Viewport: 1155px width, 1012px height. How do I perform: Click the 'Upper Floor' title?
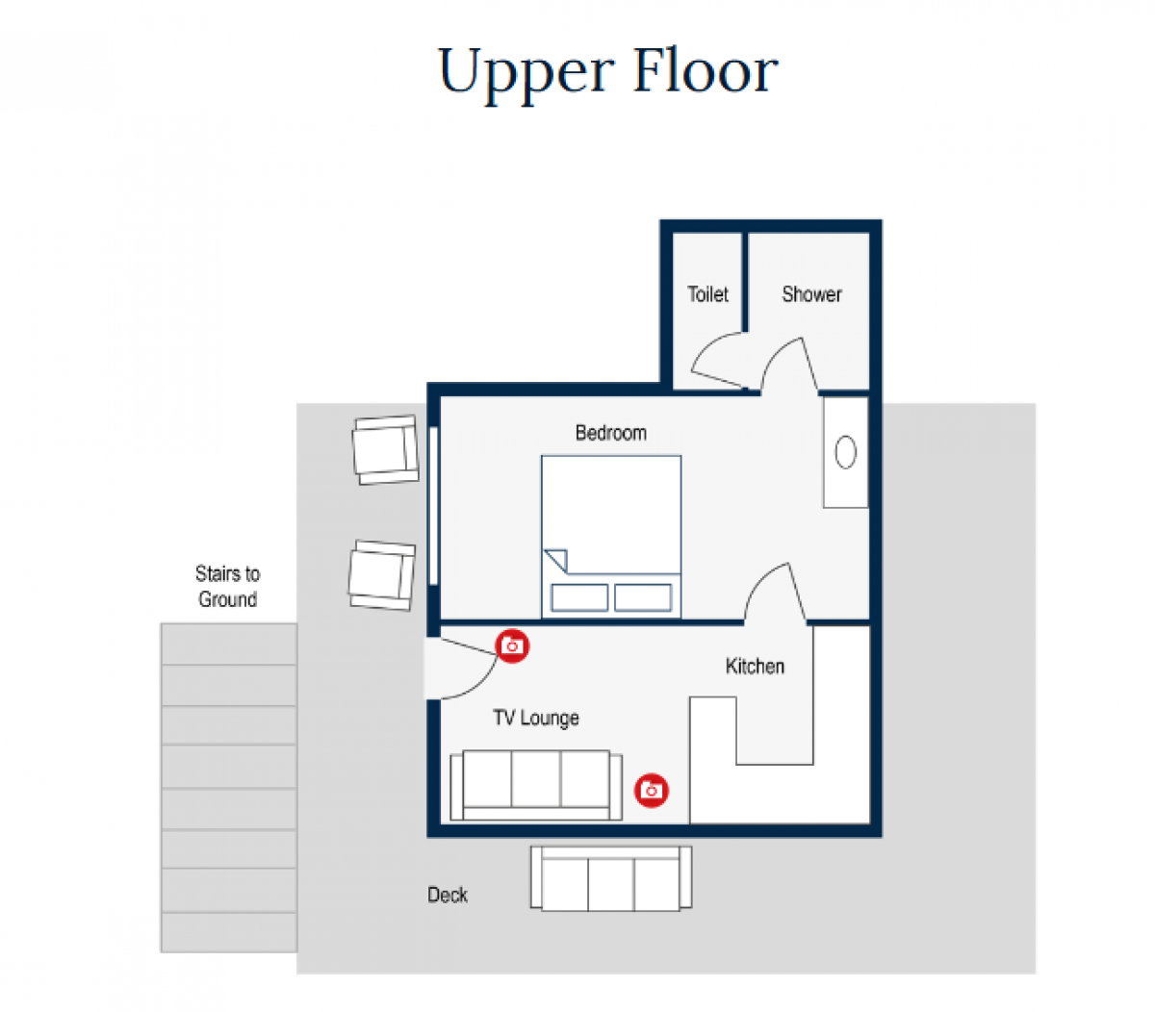coord(607,71)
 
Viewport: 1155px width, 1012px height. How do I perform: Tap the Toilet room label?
coord(707,294)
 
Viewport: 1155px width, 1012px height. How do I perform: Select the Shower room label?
coord(811,294)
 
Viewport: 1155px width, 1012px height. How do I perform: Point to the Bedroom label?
coord(610,433)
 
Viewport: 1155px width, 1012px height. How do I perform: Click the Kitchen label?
coord(755,666)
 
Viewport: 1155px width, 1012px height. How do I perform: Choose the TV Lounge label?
coord(536,718)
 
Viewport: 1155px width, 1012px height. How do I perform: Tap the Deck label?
coord(448,895)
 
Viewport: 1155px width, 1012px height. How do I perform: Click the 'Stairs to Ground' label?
coord(227,587)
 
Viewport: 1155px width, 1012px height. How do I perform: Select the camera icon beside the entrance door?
coord(512,645)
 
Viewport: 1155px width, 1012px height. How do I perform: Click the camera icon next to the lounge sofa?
coord(651,791)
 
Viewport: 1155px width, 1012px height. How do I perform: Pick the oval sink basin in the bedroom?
coord(845,452)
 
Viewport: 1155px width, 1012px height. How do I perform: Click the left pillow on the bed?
coord(579,597)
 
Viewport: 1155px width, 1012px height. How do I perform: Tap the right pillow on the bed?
coord(643,597)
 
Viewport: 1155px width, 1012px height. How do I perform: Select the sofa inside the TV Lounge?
coord(536,785)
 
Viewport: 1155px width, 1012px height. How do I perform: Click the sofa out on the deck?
coord(611,878)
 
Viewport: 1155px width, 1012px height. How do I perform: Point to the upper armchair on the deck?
coord(385,449)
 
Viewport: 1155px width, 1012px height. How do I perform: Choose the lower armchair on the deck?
coord(382,575)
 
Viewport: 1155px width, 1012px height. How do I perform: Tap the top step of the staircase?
coord(229,644)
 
